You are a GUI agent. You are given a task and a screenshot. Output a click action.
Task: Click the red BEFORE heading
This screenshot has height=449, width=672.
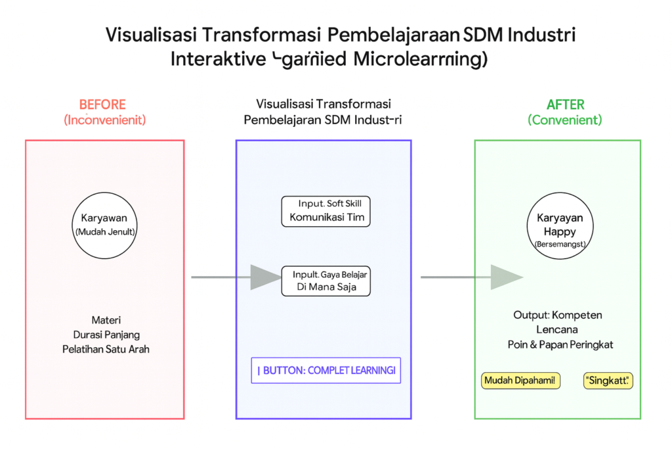click(102, 105)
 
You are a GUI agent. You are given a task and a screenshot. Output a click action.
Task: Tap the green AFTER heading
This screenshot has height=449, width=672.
click(565, 105)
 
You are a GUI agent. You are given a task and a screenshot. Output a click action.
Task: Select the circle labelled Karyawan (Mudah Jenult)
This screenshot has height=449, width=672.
click(105, 224)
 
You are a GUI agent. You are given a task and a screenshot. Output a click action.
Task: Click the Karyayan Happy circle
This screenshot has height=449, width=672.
click(560, 224)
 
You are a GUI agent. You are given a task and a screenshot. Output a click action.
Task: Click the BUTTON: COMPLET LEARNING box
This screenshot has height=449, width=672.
click(325, 370)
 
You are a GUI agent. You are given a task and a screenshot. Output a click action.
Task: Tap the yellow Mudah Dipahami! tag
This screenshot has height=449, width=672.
click(521, 380)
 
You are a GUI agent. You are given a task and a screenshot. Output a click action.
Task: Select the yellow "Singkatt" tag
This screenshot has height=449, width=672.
click(608, 381)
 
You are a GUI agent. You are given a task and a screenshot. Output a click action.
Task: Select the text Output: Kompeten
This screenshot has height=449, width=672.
click(558, 316)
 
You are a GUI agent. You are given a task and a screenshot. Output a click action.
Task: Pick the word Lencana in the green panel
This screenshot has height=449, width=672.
click(558, 330)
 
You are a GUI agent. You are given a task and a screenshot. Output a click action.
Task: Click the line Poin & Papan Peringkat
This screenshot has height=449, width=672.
click(558, 344)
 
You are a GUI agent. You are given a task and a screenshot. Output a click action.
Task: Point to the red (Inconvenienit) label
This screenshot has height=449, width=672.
click(104, 120)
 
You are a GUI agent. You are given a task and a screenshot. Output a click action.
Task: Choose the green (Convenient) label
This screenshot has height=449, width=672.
click(565, 120)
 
